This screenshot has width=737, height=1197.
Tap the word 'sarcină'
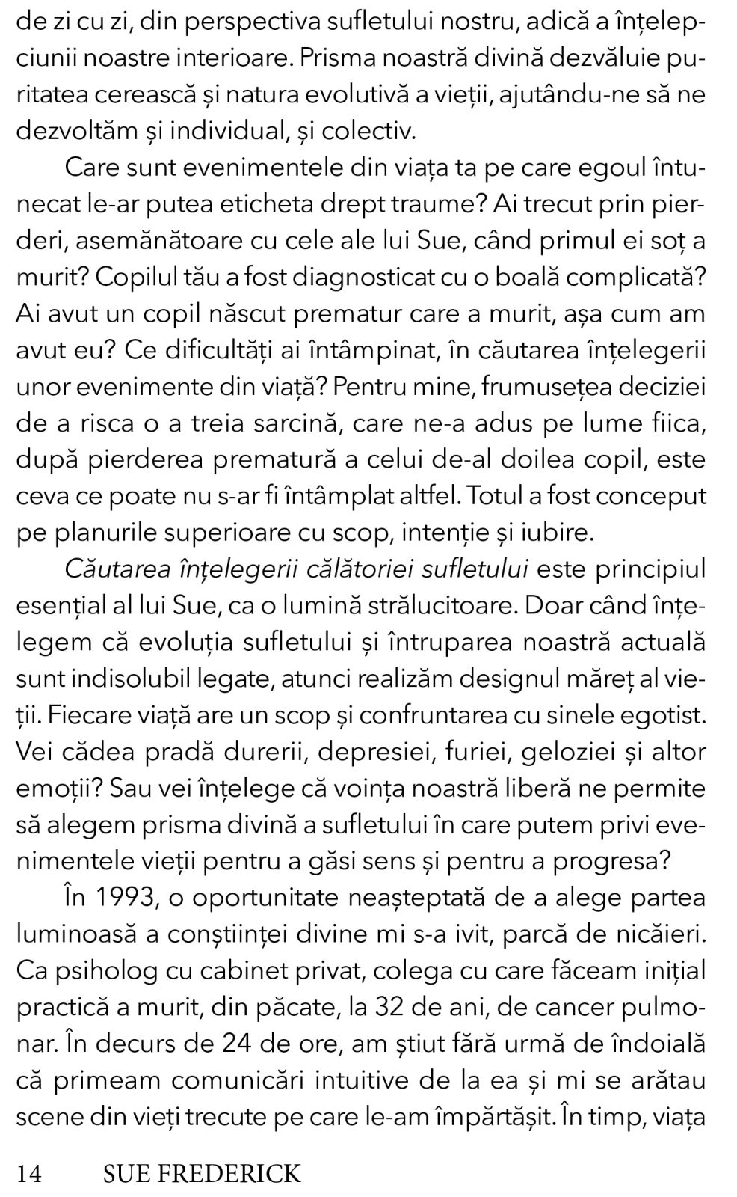[x=294, y=423]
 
